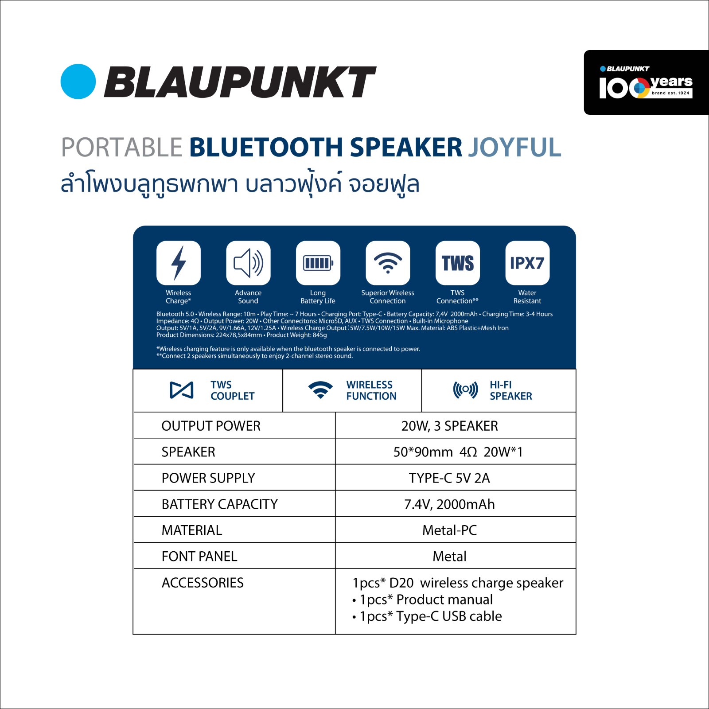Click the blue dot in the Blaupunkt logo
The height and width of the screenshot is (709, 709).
click(x=78, y=82)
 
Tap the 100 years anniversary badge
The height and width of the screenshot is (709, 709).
click(x=646, y=82)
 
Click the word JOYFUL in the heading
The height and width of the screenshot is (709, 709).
click(x=515, y=147)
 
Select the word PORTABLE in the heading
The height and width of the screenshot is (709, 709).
click(x=122, y=147)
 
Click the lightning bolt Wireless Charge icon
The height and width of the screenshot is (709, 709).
click(x=179, y=263)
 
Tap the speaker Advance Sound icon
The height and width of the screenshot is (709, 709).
click(x=248, y=263)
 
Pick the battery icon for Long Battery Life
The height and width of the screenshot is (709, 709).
click(x=318, y=263)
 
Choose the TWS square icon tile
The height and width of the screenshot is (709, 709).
click(x=458, y=263)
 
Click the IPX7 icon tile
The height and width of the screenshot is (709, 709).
click(x=527, y=263)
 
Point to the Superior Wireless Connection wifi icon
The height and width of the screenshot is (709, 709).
click(x=388, y=263)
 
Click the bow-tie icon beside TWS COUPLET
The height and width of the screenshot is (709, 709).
click(x=182, y=390)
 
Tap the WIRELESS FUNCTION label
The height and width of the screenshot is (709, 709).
click(x=371, y=390)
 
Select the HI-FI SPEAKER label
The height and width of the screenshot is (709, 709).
click(x=511, y=390)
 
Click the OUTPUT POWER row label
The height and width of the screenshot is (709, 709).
click(x=211, y=426)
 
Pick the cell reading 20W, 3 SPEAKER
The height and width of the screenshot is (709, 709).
click(x=450, y=426)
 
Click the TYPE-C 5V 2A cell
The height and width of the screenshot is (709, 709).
click(x=450, y=478)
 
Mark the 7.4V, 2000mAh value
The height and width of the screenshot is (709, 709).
click(x=450, y=504)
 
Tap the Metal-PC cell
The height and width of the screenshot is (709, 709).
click(x=450, y=530)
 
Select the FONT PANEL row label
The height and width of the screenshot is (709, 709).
click(x=199, y=556)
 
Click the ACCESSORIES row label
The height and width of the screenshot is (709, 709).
click(x=203, y=582)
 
